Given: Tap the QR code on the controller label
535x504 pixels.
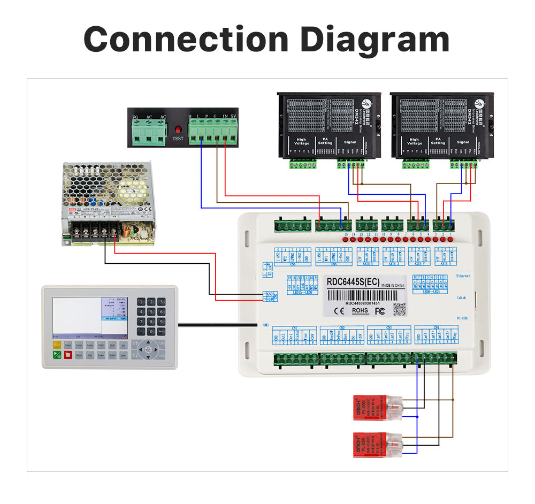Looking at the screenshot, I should pos(399,309).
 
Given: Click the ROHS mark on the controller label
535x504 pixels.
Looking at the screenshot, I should pos(360,310).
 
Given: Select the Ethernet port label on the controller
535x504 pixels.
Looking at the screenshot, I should pos(462,276).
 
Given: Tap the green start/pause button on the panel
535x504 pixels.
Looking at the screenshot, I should pos(57,355).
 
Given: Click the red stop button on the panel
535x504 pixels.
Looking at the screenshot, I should pos(68,355).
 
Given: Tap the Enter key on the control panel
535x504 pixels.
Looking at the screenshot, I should pos(124,355).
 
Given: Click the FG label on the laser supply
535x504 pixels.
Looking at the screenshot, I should pos(136,117).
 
